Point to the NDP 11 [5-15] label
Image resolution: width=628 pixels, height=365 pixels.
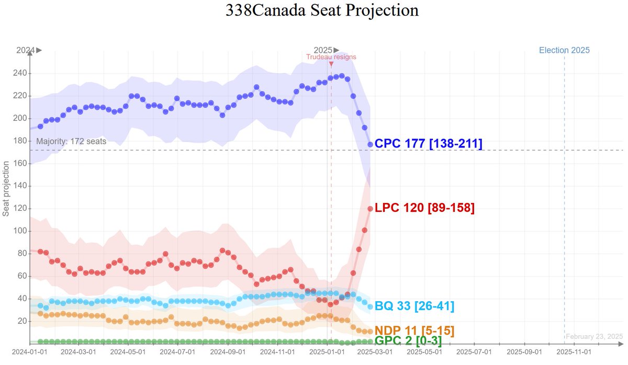[x=414, y=330]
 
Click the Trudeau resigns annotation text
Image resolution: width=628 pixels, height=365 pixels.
[x=331, y=56]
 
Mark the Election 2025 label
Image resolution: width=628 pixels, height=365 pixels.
[x=564, y=50]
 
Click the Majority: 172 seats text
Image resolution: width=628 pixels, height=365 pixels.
[x=71, y=141]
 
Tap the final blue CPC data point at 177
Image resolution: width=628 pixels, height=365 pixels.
[x=370, y=144]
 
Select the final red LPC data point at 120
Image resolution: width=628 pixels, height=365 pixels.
[x=370, y=209]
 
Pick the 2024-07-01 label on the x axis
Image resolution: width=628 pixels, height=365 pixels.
[x=178, y=352]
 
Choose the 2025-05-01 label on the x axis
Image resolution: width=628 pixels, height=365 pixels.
[x=424, y=352]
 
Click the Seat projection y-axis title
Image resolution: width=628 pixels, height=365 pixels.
[x=6, y=189]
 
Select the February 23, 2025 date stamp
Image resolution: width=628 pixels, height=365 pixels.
[x=594, y=336]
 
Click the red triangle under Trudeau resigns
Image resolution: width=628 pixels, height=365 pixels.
[x=331, y=64]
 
